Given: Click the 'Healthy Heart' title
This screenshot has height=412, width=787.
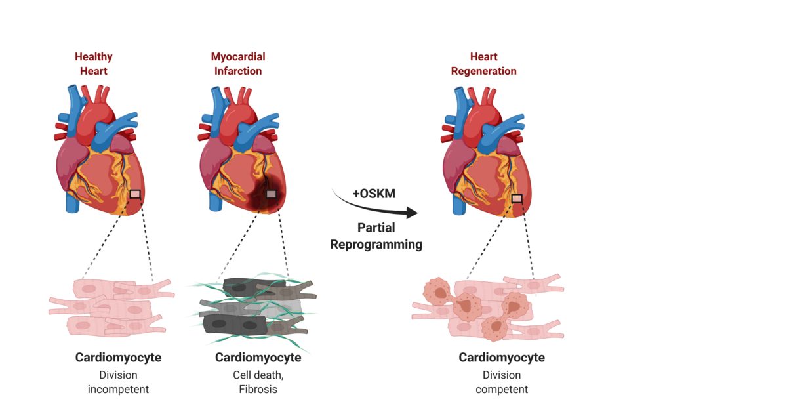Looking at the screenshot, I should pos(93,64).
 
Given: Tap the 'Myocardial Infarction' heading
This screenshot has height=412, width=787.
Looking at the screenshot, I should pos(238,64).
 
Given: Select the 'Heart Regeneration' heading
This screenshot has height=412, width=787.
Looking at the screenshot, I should pos(484,64).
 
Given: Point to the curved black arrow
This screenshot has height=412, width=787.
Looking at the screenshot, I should pos(380,207).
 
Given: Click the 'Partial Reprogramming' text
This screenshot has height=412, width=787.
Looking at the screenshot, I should pos(376,236).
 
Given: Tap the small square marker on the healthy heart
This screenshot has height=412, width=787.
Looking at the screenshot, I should pos(135,194).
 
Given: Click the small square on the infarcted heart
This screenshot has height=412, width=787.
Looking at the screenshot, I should pos(271,194).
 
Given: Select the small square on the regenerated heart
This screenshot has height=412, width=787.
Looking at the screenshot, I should pos(517,199).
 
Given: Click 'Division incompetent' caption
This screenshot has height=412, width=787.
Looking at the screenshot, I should pos(118,382).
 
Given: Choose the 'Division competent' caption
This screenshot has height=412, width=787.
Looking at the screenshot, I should pos(502,382).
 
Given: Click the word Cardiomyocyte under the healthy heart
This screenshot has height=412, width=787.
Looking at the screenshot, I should pos(118,358).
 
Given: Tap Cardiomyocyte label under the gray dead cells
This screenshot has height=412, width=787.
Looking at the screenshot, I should pos(258,358).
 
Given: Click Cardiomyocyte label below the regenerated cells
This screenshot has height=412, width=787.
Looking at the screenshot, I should pos(502,358).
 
